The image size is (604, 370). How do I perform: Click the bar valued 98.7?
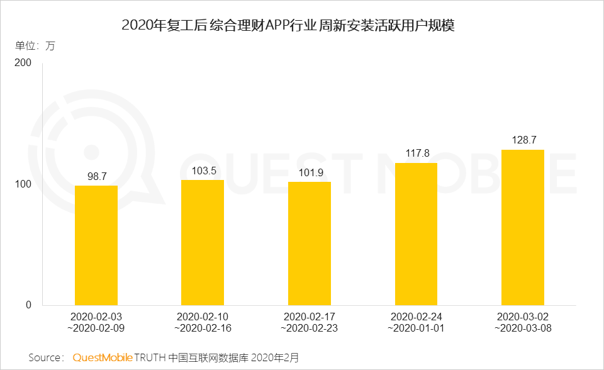[x=96, y=245]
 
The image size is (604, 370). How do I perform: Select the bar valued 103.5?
[x=203, y=242]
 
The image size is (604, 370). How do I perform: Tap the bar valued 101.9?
[x=310, y=244]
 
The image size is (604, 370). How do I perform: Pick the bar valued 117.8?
[x=416, y=234]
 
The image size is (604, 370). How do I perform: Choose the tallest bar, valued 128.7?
[x=523, y=227]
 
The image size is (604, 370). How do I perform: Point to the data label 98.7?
[x=96, y=176]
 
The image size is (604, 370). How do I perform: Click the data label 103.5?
[x=203, y=171]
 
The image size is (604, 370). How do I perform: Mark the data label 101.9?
[x=310, y=172]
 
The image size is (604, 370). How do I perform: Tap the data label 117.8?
[x=416, y=153]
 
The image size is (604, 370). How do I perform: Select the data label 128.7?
[x=523, y=140]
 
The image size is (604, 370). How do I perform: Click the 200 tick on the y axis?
[x=23, y=64]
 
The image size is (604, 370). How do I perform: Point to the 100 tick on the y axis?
[x=23, y=184]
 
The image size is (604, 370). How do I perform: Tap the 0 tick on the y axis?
[x=28, y=305]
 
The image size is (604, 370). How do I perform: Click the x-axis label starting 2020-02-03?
[x=96, y=322]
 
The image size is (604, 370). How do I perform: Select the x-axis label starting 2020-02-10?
[x=203, y=322]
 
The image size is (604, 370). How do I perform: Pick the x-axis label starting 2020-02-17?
[x=310, y=322]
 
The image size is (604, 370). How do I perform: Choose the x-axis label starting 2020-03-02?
[x=523, y=322]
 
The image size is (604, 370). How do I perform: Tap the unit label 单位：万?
[x=35, y=45]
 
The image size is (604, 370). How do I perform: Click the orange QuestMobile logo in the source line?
[x=103, y=357]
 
